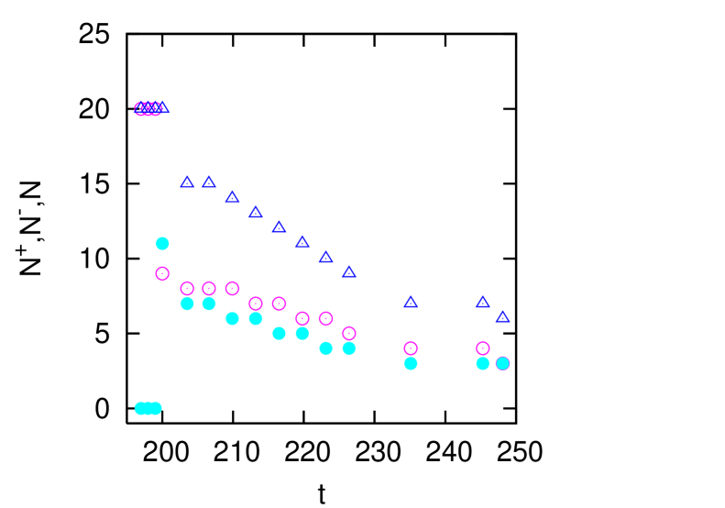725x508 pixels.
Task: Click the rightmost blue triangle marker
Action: coord(502,316)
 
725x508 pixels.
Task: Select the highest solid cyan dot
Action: coord(162,243)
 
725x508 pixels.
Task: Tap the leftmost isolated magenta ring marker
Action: coord(162,273)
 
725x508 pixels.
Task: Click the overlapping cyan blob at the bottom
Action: coord(148,408)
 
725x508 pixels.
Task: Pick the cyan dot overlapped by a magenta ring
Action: coord(502,363)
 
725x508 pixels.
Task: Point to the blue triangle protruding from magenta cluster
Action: coord(164,108)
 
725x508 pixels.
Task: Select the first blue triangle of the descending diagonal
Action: coord(187,182)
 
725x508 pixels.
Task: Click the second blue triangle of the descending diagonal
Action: coord(209,182)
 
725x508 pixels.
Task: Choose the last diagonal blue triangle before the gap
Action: coord(349,272)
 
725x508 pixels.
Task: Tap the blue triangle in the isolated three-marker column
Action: coord(411,302)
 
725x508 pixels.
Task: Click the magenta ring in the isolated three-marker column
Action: coord(411,348)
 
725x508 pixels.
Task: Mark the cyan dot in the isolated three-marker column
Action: coord(411,363)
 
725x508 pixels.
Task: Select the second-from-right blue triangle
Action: coord(482,302)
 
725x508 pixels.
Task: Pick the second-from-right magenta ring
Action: coord(482,348)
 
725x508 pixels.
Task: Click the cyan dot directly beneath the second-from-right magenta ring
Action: coord(482,363)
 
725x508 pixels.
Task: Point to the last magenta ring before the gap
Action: coord(349,333)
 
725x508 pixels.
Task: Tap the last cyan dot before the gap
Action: coord(349,348)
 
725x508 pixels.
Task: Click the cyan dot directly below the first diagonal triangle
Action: coord(187,304)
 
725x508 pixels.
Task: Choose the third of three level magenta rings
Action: coord(232,288)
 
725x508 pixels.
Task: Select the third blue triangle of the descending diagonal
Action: coord(232,197)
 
